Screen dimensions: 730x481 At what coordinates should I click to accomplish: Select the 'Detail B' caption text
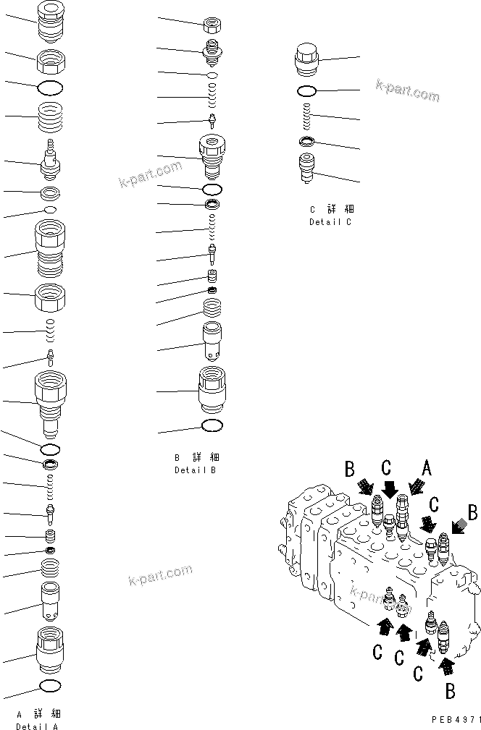click(x=195, y=470)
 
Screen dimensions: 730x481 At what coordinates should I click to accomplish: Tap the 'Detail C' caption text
click(x=330, y=222)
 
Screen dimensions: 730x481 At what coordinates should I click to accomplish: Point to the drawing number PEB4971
click(x=455, y=721)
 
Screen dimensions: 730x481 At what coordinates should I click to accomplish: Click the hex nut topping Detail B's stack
click(x=212, y=24)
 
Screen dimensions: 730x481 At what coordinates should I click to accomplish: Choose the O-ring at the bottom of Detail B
click(x=212, y=425)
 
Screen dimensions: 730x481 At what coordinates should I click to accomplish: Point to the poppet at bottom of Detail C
click(x=306, y=169)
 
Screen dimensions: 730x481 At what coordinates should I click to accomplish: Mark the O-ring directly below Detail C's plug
click(x=306, y=91)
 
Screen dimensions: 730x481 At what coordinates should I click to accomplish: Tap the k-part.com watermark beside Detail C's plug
click(x=407, y=91)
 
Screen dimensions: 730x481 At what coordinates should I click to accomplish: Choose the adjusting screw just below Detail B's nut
click(x=212, y=51)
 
